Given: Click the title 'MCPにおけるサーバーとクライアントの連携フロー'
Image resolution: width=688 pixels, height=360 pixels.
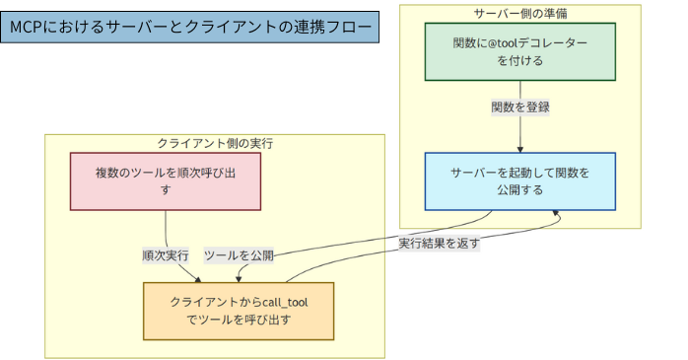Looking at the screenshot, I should (x=187, y=28).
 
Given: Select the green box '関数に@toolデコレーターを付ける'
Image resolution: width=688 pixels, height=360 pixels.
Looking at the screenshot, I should (x=519, y=52).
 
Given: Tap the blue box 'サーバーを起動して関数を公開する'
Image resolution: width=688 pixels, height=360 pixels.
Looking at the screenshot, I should (x=519, y=181).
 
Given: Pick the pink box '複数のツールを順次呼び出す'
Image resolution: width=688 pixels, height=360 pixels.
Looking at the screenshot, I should (x=166, y=181).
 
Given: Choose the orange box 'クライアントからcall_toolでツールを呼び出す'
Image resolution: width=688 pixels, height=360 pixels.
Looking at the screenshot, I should (x=239, y=311).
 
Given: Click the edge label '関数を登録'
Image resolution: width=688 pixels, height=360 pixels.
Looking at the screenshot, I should (x=519, y=107).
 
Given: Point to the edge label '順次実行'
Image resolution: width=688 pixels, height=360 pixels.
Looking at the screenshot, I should (x=166, y=255).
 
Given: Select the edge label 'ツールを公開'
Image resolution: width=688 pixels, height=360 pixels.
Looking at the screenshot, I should (x=239, y=255).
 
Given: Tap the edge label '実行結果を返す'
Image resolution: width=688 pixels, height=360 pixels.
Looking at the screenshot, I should (x=439, y=243).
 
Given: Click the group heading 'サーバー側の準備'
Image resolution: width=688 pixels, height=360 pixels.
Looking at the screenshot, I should (x=519, y=13).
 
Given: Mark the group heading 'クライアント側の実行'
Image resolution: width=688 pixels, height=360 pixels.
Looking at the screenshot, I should (x=215, y=143).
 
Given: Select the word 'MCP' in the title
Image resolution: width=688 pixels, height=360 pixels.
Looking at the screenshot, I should (x=30, y=28).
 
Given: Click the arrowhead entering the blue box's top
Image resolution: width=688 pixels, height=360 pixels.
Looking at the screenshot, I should (x=519, y=149).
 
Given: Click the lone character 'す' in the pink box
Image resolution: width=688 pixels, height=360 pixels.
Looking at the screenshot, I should (x=166, y=190).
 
